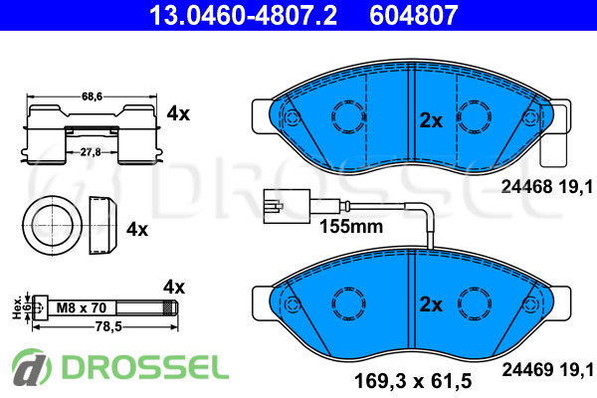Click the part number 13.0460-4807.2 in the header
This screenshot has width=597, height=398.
click(244, 15)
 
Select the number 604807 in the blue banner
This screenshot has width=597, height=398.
click(414, 15)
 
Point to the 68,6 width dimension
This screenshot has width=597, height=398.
click(92, 97)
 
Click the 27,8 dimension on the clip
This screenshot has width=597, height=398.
click(91, 152)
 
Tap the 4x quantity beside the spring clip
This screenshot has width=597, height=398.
click(178, 113)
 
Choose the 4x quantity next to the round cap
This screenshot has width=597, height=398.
click(137, 229)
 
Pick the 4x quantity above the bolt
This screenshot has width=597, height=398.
click(174, 287)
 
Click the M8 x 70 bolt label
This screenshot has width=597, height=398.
click(82, 307)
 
